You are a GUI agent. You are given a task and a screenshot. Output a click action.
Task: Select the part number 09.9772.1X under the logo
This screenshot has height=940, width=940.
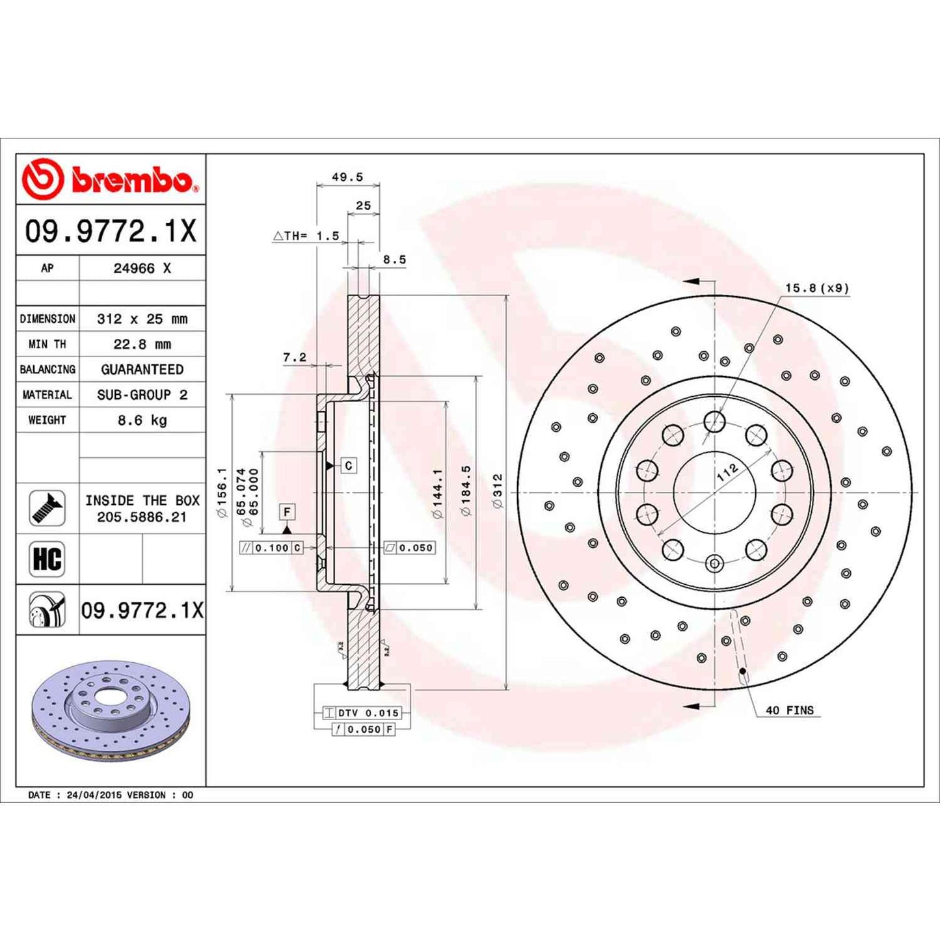(x=110, y=232)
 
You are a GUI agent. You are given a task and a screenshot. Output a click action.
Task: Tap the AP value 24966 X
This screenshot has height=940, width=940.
(x=142, y=268)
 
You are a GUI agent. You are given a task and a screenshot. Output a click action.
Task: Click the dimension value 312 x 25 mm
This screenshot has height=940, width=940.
(x=142, y=319)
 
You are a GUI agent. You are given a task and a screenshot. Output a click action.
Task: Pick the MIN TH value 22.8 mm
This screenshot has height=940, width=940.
(x=142, y=344)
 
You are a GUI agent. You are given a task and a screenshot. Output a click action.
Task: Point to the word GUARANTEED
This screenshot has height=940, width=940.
(x=142, y=369)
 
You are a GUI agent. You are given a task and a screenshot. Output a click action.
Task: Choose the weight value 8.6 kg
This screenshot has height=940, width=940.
(x=142, y=420)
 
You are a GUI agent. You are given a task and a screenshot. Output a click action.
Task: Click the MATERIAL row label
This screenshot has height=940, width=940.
(x=47, y=395)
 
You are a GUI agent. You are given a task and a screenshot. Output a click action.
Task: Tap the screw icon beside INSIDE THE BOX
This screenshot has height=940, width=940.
(x=47, y=508)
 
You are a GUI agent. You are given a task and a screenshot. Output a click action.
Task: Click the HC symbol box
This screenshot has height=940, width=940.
(x=47, y=559)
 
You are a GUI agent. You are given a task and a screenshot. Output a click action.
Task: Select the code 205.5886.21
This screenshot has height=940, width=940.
(x=142, y=517)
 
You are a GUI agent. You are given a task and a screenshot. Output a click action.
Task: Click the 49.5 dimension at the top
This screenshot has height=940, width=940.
(x=347, y=177)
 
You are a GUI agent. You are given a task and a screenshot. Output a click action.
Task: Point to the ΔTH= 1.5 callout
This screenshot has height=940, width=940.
(x=306, y=235)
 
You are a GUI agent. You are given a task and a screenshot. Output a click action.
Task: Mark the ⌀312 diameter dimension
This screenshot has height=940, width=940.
(x=498, y=491)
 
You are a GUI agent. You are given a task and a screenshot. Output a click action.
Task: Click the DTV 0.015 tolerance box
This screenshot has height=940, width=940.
(x=368, y=713)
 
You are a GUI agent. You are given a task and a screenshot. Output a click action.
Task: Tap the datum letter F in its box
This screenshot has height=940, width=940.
(x=287, y=512)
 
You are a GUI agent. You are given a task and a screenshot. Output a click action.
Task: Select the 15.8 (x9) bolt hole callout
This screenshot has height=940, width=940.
(x=816, y=288)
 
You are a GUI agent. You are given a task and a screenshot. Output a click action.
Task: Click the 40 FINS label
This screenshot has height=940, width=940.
(x=789, y=710)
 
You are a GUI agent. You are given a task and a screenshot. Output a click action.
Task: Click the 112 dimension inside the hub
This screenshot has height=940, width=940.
(x=727, y=472)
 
